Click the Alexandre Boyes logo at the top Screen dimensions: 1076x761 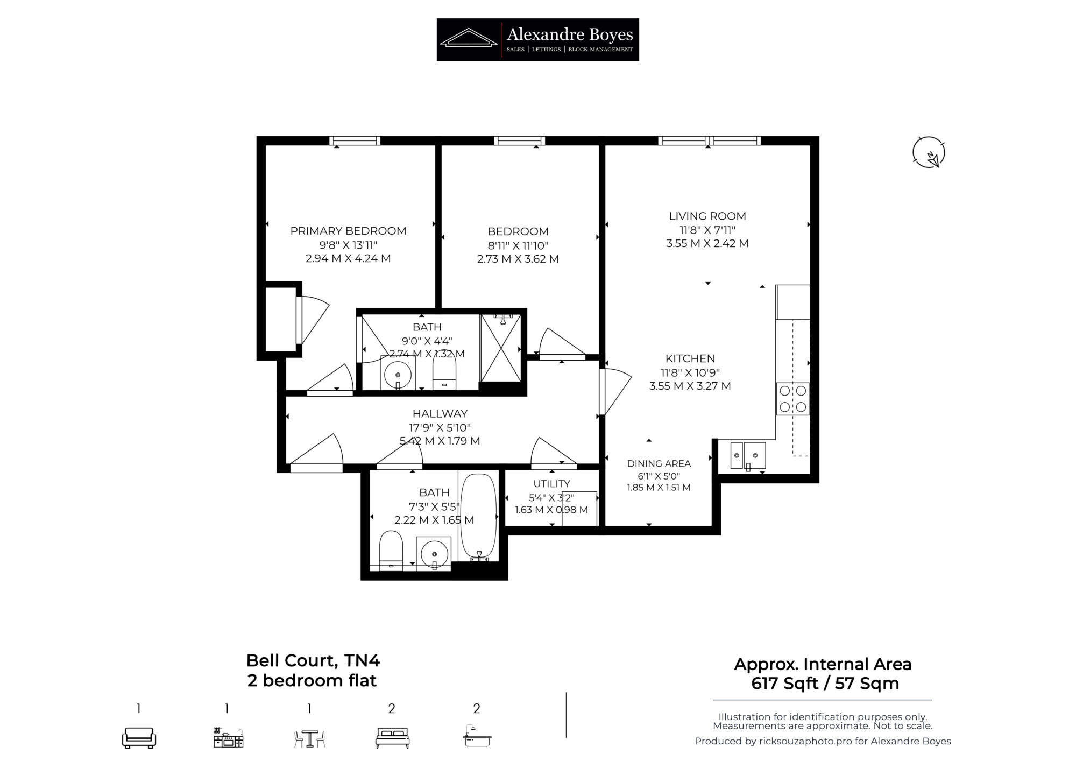pyautogui.click(x=537, y=39)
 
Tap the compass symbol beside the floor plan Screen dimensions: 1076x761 pyautogui.click(x=929, y=152)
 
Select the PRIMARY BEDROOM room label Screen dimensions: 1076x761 pyautogui.click(x=348, y=231)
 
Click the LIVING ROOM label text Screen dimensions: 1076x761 pyautogui.click(x=707, y=216)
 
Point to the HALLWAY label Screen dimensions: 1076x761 pyautogui.click(x=440, y=413)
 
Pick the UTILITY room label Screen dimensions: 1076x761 pyautogui.click(x=551, y=483)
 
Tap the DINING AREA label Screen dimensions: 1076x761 pyautogui.click(x=659, y=463)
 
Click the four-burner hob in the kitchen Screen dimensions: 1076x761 pyautogui.click(x=792, y=399)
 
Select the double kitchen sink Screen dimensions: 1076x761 pyautogui.click(x=748, y=456)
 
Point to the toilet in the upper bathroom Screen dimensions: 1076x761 pyautogui.click(x=444, y=373)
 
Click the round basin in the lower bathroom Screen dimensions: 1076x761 pyautogui.click(x=434, y=553)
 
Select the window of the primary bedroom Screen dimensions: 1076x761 pyautogui.click(x=355, y=141)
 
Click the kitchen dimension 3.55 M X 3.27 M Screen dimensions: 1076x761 pyautogui.click(x=690, y=386)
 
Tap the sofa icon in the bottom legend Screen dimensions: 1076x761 pyautogui.click(x=139, y=737)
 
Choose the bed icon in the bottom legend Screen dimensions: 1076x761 pyautogui.click(x=392, y=738)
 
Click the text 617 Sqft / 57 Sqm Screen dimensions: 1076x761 pyautogui.click(x=825, y=684)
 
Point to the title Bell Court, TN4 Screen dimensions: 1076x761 pyautogui.click(x=313, y=660)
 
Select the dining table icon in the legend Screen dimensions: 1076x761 pyautogui.click(x=310, y=738)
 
